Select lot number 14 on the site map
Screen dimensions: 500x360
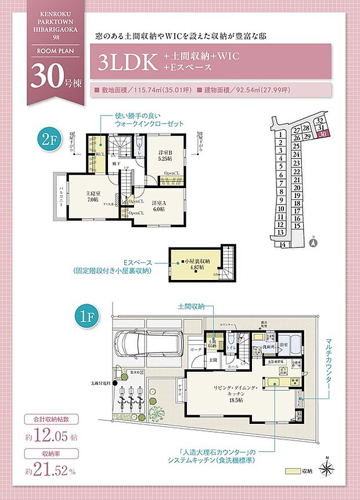[x=283, y=245]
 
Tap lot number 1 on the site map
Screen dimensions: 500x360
[x=280, y=135]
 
